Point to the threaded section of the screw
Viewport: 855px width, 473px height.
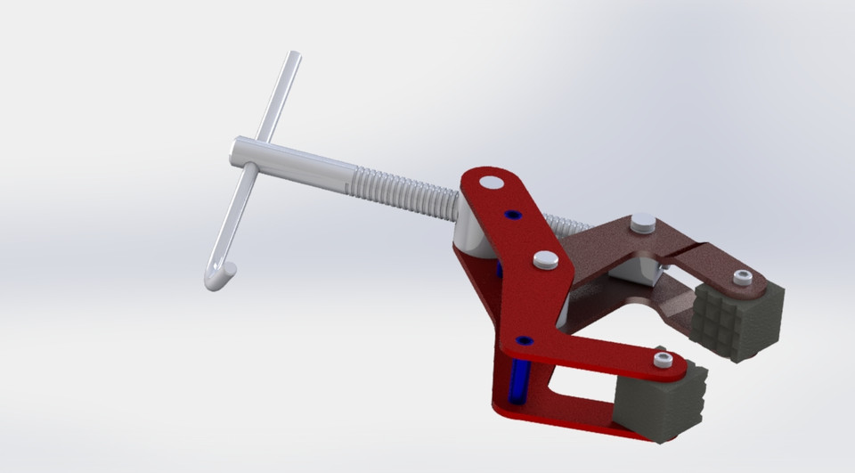click(401, 188)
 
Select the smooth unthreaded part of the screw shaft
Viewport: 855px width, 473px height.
click(303, 164)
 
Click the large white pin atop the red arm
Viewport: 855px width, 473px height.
click(489, 183)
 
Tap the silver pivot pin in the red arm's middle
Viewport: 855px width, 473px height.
click(546, 260)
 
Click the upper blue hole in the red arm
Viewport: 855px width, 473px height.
click(510, 215)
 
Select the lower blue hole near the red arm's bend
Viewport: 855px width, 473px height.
click(525, 340)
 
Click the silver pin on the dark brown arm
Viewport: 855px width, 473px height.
click(642, 223)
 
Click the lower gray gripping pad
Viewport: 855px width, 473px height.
click(664, 405)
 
